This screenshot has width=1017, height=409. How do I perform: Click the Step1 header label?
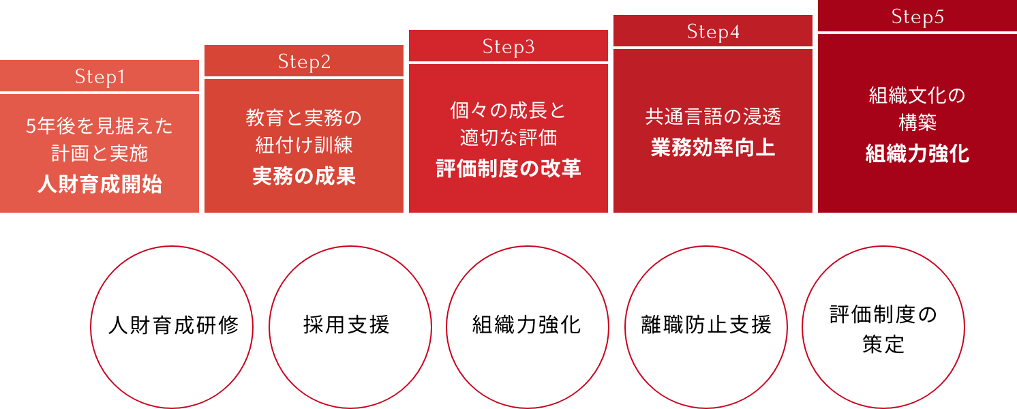(100, 77)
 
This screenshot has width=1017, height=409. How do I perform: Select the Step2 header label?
(304, 62)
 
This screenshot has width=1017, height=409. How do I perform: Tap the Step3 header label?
(508, 47)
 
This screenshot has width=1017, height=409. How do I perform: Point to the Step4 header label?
(713, 32)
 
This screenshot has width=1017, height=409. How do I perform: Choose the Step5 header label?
(917, 17)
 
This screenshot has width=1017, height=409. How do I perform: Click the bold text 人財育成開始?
(100, 184)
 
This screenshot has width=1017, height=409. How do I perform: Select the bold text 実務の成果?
(304, 176)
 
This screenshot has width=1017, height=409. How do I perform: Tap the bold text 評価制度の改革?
(508, 168)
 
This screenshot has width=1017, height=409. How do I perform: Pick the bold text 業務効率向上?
(713, 148)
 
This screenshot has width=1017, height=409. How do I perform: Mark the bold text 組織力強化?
(917, 153)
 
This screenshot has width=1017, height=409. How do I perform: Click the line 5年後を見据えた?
(100, 126)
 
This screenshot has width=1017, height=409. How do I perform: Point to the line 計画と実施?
(100, 154)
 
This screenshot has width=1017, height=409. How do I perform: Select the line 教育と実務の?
(304, 118)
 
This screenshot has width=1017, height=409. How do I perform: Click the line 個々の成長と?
(508, 110)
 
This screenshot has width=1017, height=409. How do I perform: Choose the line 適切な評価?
(508, 138)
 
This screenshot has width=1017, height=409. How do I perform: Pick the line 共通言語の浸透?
(713, 117)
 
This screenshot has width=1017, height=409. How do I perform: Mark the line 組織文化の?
(917, 95)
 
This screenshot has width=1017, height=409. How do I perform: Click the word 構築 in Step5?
(917, 123)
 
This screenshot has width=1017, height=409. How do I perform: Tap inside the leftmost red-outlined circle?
(172, 327)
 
